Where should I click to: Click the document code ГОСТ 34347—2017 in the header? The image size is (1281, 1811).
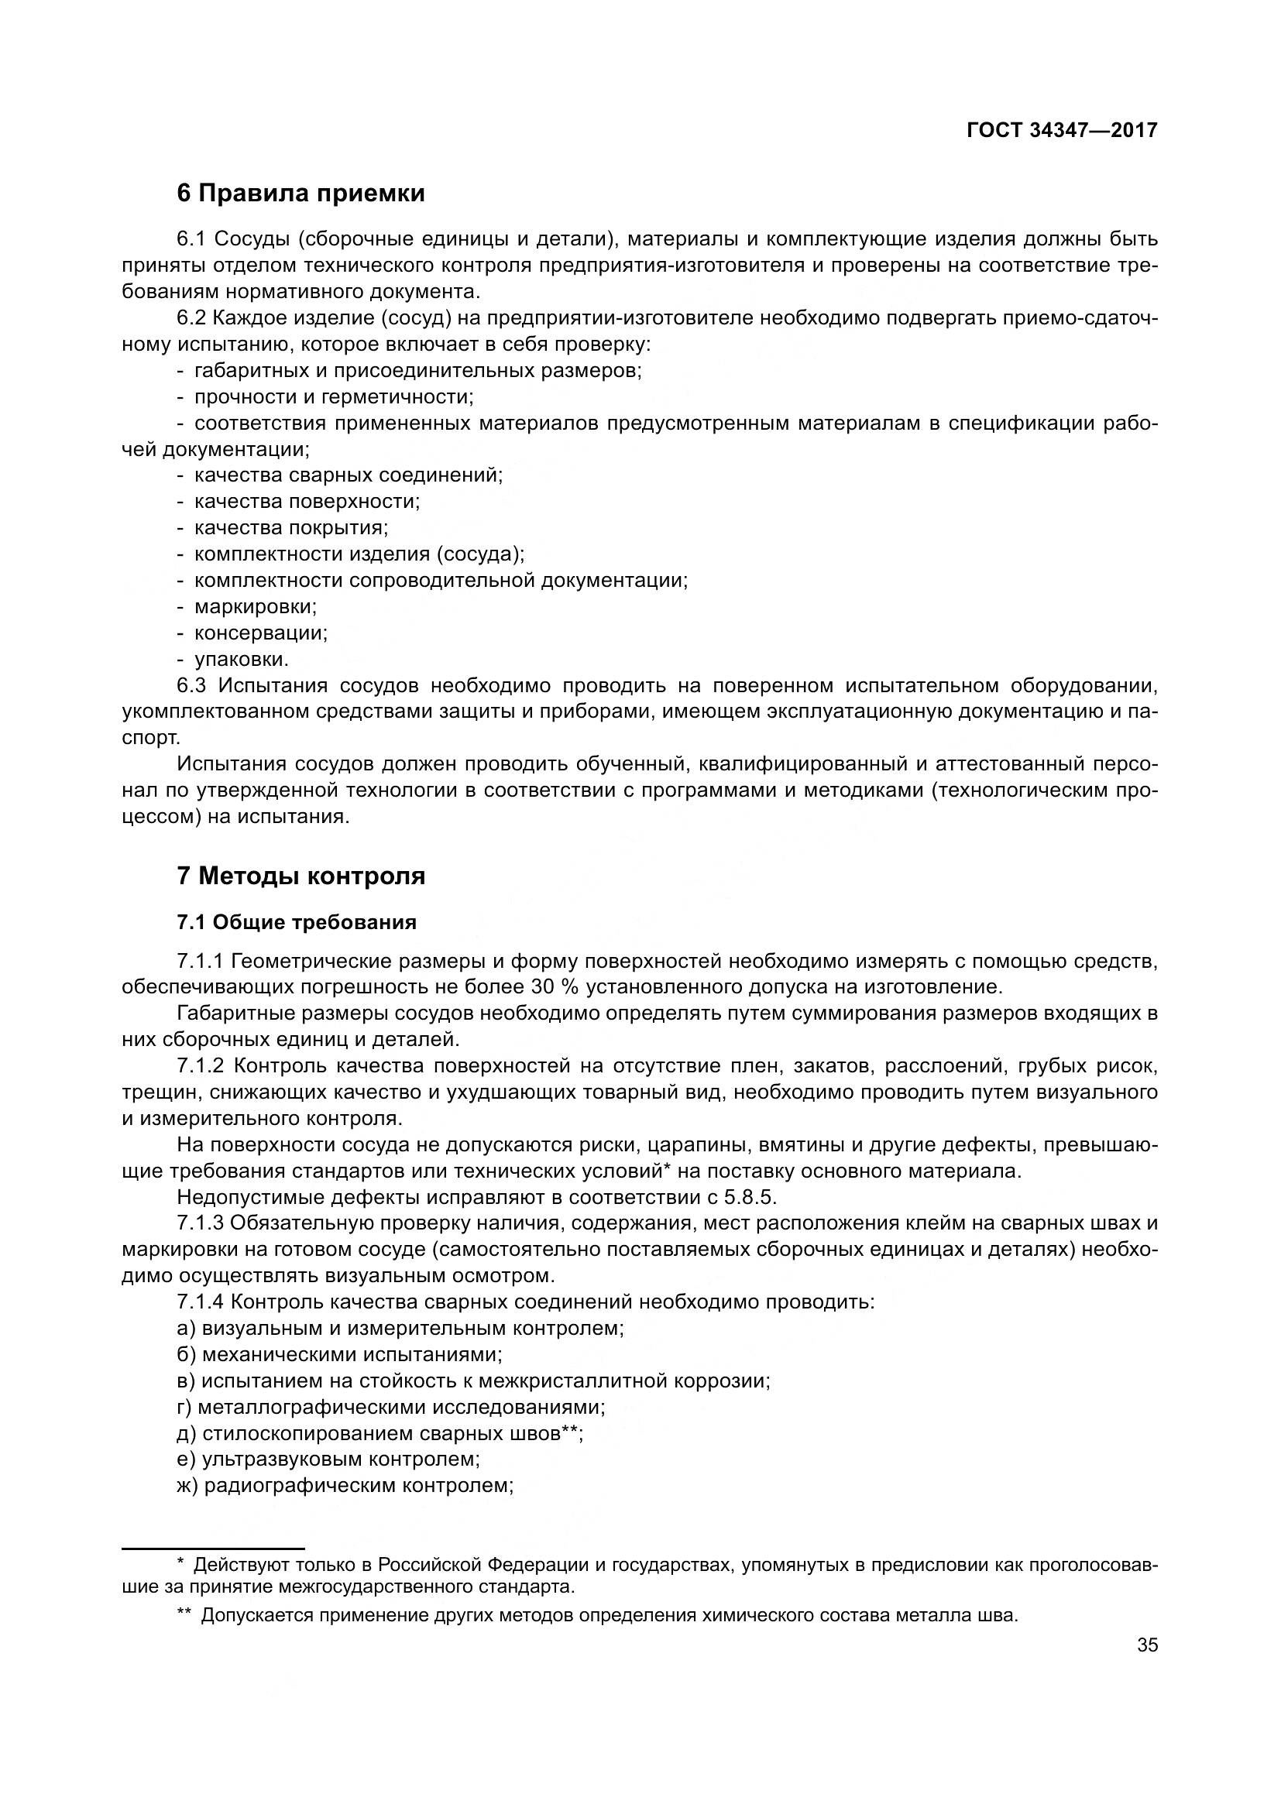(x=1062, y=130)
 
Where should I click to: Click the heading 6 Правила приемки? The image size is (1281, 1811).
(x=301, y=194)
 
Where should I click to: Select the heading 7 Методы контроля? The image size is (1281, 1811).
(x=301, y=876)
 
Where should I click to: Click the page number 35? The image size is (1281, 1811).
(x=1148, y=1645)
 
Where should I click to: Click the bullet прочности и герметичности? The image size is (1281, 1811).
(x=334, y=396)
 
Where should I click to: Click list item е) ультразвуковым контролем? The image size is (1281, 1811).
(x=329, y=1459)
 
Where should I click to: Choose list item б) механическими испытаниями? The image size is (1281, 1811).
(x=340, y=1355)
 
